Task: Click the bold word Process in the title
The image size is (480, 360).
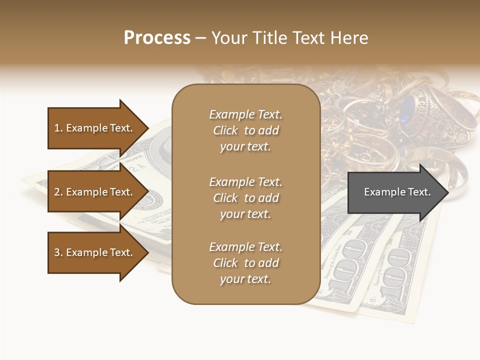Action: tap(157, 38)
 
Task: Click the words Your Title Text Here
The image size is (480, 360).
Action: tap(290, 38)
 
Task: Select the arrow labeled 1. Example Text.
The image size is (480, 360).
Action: tap(95, 128)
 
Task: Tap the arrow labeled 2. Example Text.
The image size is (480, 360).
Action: tap(95, 192)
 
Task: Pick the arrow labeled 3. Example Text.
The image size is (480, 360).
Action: tap(95, 252)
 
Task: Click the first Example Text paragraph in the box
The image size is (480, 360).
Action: tap(245, 130)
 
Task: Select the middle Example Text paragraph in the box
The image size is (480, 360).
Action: tap(245, 198)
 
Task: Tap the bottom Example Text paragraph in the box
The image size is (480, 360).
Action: tap(245, 263)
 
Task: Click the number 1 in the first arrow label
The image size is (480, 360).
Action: tap(57, 128)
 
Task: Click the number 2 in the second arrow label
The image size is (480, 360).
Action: tap(57, 192)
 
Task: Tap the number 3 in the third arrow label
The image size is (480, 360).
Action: tap(57, 252)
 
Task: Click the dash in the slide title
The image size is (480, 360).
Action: tap(200, 38)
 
